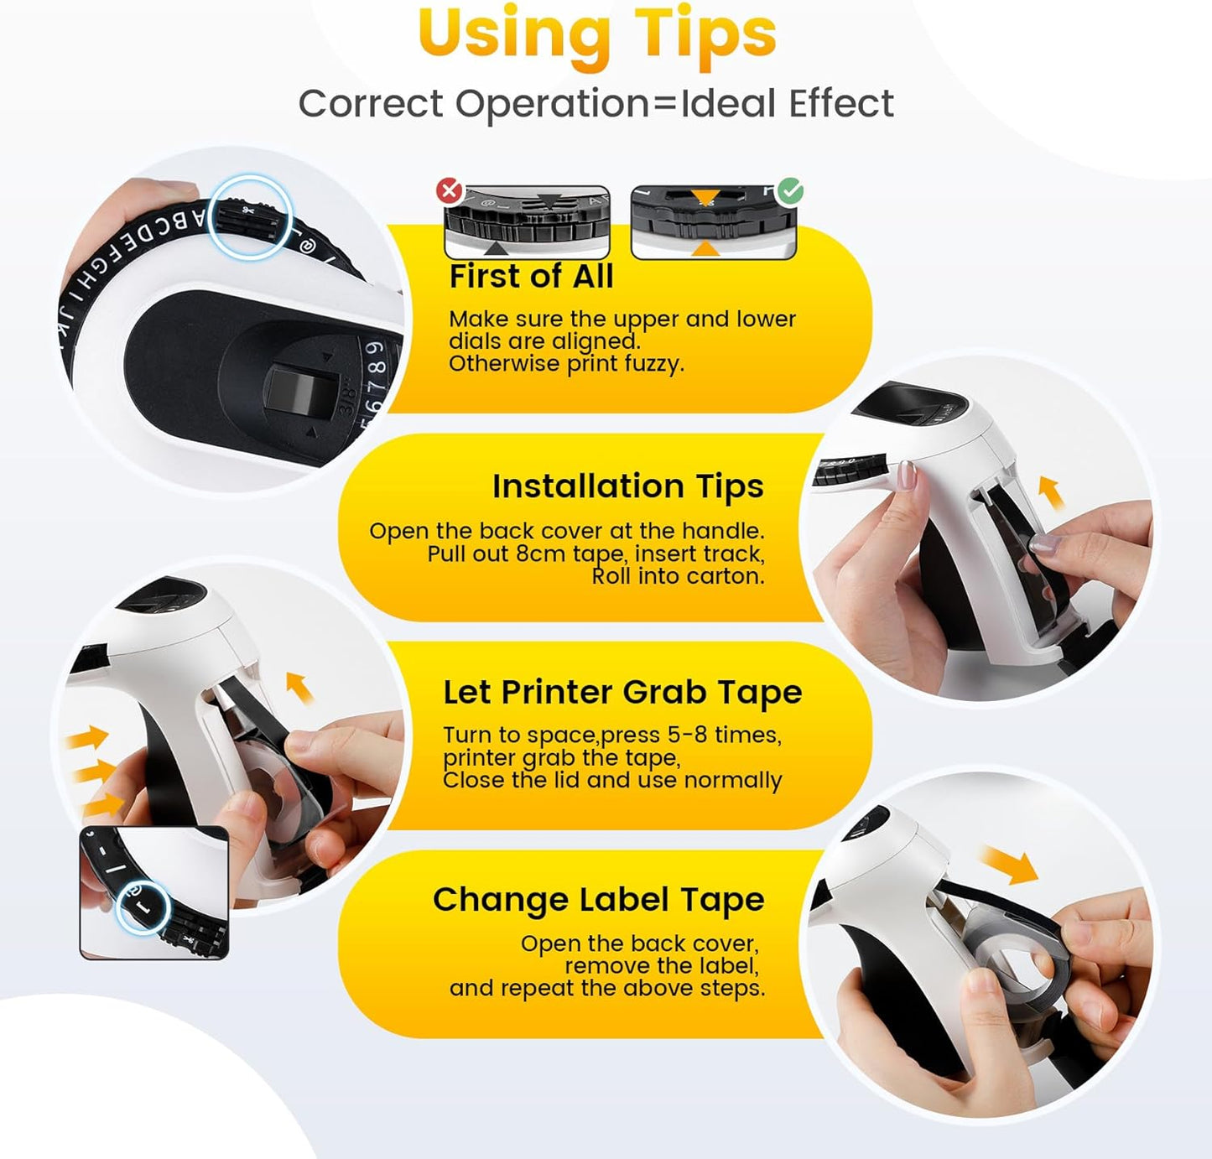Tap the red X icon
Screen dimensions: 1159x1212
(x=450, y=190)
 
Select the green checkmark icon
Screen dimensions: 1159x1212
(x=789, y=190)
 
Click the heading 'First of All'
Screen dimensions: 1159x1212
(x=531, y=277)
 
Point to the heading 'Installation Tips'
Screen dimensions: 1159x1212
(x=627, y=486)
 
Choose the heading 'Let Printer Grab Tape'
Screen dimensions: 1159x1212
(x=622, y=693)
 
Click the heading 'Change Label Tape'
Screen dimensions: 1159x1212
(x=598, y=900)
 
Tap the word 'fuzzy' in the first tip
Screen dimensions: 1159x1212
(x=656, y=364)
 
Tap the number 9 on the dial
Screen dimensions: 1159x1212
(x=376, y=348)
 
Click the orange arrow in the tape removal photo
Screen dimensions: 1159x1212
(x=1010, y=865)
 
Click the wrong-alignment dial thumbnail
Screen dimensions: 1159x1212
(x=527, y=222)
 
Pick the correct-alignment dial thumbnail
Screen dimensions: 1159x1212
(x=713, y=222)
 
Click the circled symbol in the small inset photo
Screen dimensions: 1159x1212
(x=143, y=907)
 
